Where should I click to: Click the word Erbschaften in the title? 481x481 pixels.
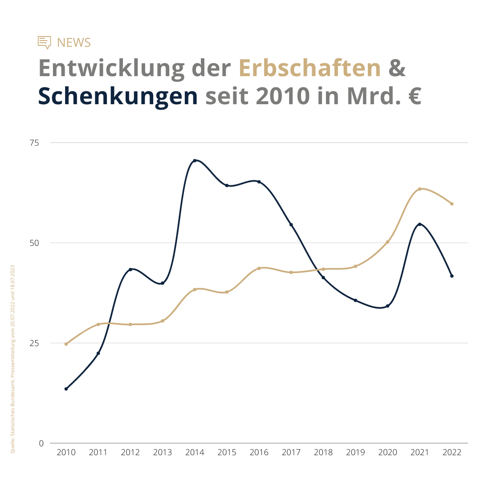point(310,68)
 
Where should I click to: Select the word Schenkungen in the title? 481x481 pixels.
point(118,96)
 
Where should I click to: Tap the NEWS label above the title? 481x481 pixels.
point(74,43)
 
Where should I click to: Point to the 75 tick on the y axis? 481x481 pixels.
point(34,143)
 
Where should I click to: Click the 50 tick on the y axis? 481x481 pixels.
point(34,243)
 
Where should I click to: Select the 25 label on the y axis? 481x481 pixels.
point(34,343)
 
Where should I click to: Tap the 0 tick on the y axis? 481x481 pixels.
point(41,444)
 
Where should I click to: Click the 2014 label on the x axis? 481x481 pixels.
point(195,452)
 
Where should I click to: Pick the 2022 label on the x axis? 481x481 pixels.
point(452,452)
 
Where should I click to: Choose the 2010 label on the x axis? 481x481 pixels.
point(66,452)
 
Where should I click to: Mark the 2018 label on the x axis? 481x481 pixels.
point(323,452)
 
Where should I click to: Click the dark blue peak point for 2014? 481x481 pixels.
point(195,160)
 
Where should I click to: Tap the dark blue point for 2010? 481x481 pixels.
point(66,389)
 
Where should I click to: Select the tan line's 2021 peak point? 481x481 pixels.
point(420,189)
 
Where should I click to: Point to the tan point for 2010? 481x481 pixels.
point(66,344)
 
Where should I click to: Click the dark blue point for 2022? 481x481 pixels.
point(452,276)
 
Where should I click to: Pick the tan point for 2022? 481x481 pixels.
point(452,204)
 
